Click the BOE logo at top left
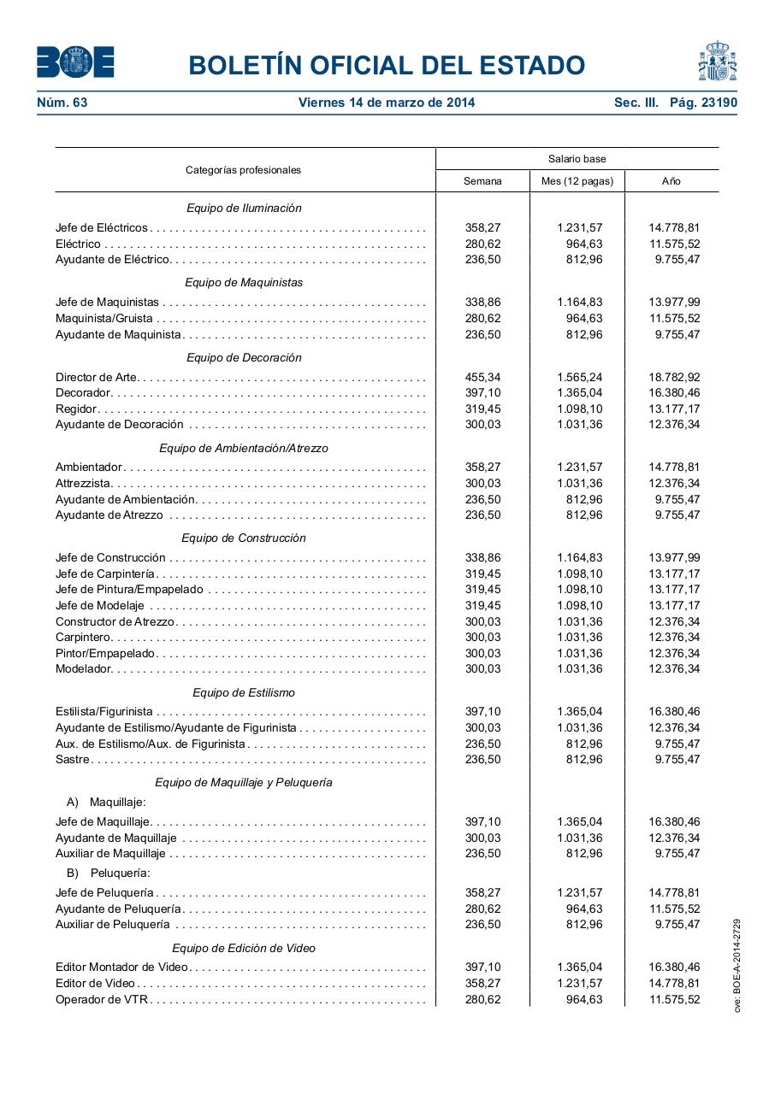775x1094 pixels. click(75, 62)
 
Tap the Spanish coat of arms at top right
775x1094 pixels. click(717, 62)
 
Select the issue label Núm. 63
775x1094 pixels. click(62, 103)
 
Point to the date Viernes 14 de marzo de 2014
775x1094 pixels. click(387, 103)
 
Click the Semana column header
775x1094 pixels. click(482, 181)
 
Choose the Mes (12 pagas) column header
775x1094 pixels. click(577, 181)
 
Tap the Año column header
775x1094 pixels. click(671, 181)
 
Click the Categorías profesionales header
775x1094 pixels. click(244, 170)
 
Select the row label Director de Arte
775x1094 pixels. click(96, 377)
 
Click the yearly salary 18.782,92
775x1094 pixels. click(674, 377)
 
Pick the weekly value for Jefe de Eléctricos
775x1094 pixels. click(482, 227)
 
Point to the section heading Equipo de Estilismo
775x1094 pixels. click(244, 692)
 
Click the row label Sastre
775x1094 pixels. click(73, 759)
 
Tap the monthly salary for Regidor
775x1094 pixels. click(579, 409)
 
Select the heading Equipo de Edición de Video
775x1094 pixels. click(244, 948)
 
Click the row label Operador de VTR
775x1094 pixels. click(102, 999)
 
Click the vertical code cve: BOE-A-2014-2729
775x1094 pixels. click(737, 965)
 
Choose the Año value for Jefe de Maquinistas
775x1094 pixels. click(674, 302)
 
